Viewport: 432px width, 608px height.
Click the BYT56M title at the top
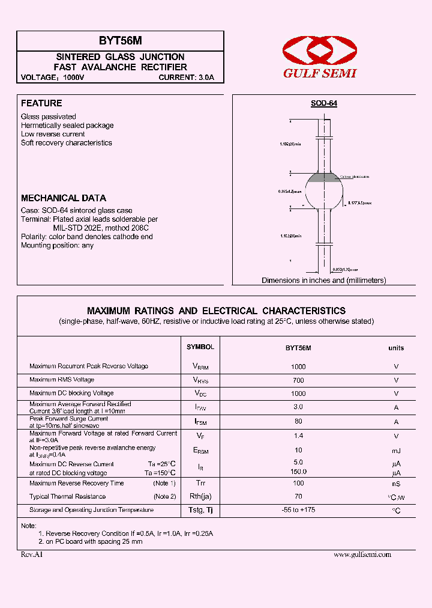coord(120,41)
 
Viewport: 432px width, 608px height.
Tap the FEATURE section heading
coord(41,103)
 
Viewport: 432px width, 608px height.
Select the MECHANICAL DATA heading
coord(64,198)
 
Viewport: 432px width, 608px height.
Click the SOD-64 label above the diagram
coord(323,103)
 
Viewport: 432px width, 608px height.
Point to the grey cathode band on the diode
coord(324,178)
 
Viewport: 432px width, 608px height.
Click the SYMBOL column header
coord(200,347)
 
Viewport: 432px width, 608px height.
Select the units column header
coord(396,348)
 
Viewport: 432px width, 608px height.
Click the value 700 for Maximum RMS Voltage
coord(298,380)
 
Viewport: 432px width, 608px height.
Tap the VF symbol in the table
coord(200,436)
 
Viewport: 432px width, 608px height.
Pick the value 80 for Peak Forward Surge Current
coord(298,422)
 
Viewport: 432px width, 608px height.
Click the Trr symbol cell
coord(200,483)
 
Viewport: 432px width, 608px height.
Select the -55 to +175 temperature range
coord(298,510)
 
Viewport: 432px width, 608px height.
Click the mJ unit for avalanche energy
coord(396,451)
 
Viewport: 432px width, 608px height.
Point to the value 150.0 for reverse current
coord(298,472)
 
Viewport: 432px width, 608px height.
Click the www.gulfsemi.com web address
coord(362,555)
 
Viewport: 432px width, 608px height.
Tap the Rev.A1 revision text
coord(32,555)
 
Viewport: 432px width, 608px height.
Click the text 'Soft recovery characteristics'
coord(67,143)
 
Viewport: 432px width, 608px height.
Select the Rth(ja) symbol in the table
coord(200,497)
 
